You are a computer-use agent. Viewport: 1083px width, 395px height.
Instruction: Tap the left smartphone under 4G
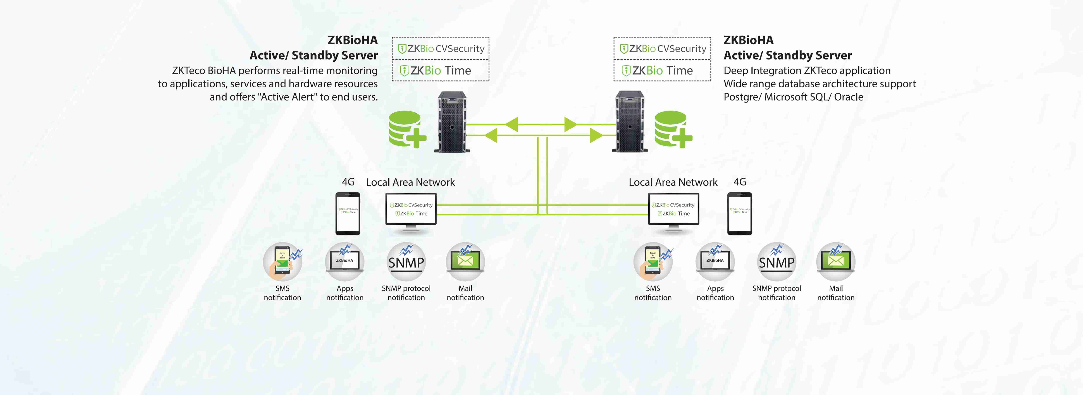(x=348, y=213)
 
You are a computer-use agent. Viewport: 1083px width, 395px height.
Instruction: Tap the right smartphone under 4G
(x=740, y=213)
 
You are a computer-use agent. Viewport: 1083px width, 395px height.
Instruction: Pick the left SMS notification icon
(x=282, y=262)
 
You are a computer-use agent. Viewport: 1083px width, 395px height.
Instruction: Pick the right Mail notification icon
(x=836, y=262)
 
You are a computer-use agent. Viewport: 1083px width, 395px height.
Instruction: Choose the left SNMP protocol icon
(x=406, y=262)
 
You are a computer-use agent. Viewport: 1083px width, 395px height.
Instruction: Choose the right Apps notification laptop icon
(x=715, y=262)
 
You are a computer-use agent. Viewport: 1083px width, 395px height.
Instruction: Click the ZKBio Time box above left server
(x=441, y=71)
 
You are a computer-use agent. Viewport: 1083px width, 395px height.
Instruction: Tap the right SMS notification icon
(x=653, y=262)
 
